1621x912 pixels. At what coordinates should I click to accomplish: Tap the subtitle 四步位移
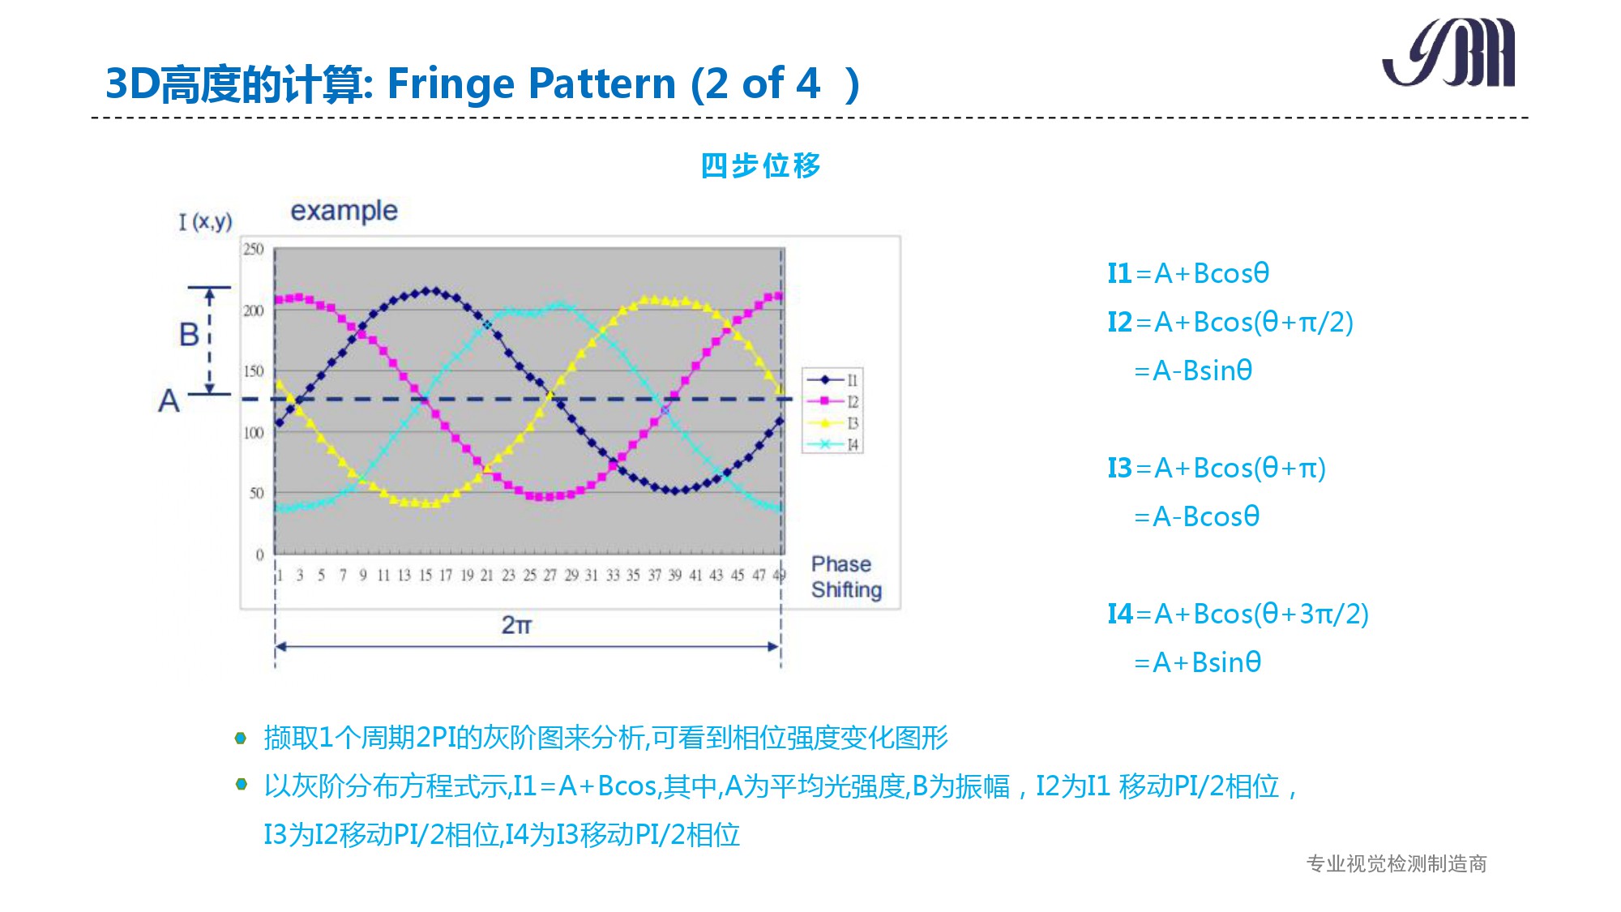[760, 165]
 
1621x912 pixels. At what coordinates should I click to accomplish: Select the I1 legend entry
[833, 379]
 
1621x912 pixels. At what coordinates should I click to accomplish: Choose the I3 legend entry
[833, 423]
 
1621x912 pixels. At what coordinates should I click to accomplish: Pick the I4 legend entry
[833, 444]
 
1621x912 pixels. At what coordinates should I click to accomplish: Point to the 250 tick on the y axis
[254, 249]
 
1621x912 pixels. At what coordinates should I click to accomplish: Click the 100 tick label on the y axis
[254, 433]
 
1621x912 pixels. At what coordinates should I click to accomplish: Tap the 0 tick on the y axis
[259, 554]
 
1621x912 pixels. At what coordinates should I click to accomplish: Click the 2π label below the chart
[516, 625]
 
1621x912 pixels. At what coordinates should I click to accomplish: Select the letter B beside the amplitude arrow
[189, 334]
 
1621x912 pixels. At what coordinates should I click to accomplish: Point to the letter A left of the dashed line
[169, 400]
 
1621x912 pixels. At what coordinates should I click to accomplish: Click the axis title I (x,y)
[206, 221]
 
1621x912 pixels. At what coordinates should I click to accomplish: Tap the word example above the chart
[344, 211]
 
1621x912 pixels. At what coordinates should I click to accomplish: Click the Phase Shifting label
[846, 576]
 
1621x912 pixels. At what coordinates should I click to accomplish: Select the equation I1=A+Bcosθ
[1188, 273]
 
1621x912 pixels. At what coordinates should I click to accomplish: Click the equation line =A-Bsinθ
[1193, 370]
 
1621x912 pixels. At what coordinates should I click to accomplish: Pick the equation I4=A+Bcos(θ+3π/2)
[1238, 614]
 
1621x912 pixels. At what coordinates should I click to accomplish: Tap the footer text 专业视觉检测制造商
[1396, 863]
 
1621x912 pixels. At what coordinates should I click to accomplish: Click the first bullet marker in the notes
[241, 738]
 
